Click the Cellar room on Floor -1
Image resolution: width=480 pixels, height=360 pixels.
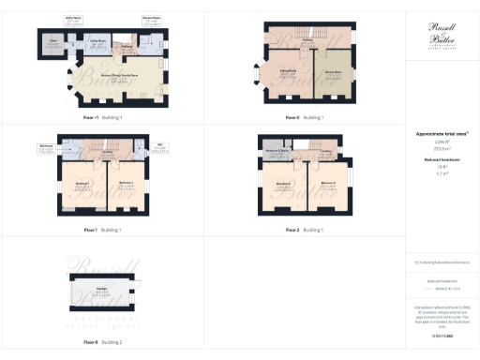click(53, 42)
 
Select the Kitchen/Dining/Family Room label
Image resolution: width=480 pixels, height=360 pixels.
click(119, 79)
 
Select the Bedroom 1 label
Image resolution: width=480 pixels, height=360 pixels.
click(82, 184)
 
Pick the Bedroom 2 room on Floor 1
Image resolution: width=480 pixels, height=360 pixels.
click(127, 184)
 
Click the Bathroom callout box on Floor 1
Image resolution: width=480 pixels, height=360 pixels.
click(45, 146)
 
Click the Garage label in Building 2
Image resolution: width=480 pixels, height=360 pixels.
click(99, 288)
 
